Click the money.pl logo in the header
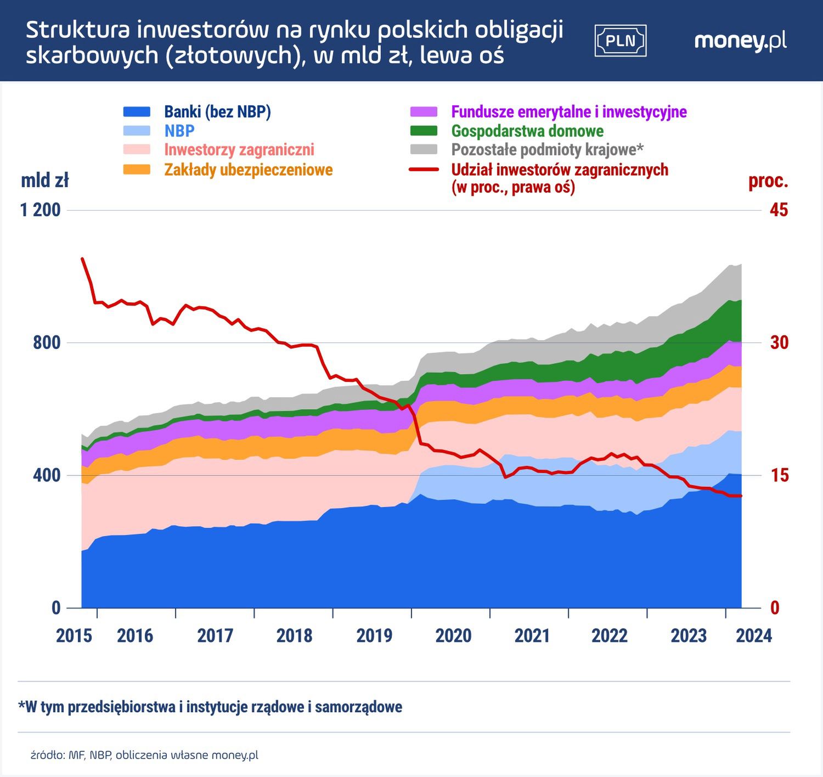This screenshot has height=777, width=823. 740,41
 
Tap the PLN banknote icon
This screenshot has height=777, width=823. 621,41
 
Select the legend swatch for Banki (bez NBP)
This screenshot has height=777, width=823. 137,112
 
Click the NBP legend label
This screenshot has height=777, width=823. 179,131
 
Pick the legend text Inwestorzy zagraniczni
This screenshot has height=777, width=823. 239,150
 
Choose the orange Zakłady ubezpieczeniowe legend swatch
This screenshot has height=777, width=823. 137,170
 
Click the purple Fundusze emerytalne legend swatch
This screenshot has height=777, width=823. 424,112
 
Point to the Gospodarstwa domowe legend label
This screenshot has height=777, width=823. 527,131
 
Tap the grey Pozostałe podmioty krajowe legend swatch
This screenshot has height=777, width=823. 424,150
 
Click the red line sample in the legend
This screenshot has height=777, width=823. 424,170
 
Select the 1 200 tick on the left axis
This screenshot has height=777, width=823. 41,210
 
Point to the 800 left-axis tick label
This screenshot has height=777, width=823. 47,343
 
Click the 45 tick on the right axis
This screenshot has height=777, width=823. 779,210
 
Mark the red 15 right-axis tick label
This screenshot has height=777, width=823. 779,475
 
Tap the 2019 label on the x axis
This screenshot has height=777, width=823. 374,636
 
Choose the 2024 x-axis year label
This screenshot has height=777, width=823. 754,636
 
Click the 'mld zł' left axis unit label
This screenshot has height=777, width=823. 44,181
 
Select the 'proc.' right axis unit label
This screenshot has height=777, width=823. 768,181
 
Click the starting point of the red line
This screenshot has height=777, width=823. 82,258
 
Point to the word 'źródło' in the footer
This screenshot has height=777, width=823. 47,756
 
